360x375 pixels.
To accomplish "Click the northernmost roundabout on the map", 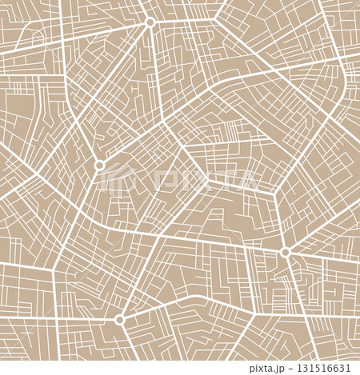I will tap(150, 22).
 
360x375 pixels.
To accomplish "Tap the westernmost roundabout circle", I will tap(100, 165).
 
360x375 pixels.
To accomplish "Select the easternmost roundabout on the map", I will tap(286, 252).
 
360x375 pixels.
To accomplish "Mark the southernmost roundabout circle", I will tap(120, 320).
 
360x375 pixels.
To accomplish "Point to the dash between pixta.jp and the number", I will tap(293, 369).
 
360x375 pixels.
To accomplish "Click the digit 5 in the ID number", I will tap(318, 369).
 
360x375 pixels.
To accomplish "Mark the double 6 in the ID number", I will tap(332, 369).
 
